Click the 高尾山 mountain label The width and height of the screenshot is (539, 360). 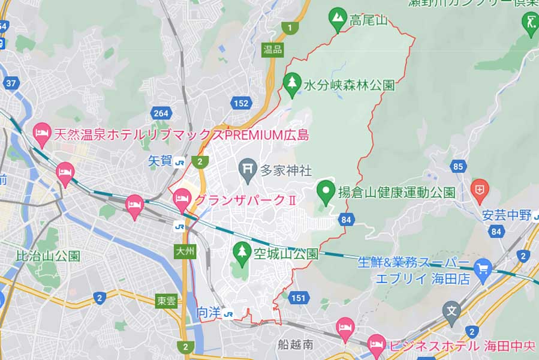pyautogui.click(x=368, y=20)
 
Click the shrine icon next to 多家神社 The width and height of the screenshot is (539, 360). pyautogui.click(x=247, y=169)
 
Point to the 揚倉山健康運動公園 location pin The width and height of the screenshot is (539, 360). pyautogui.click(x=326, y=192)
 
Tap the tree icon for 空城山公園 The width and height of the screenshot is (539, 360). pyautogui.click(x=242, y=253)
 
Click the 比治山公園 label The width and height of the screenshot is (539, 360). pyautogui.click(x=48, y=256)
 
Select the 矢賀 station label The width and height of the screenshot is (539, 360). pyautogui.click(x=159, y=161)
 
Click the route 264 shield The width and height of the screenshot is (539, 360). pyautogui.click(x=160, y=114)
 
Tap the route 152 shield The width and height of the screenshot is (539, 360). pyautogui.click(x=240, y=103)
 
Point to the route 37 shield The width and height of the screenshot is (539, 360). pyautogui.click(x=11, y=83)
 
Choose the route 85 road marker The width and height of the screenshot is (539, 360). pyautogui.click(x=459, y=166)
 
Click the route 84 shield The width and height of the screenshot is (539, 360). pyautogui.click(x=345, y=220)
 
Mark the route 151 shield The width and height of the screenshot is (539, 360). pyautogui.click(x=299, y=298)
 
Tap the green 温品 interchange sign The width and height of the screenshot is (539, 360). pyautogui.click(x=272, y=50)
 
